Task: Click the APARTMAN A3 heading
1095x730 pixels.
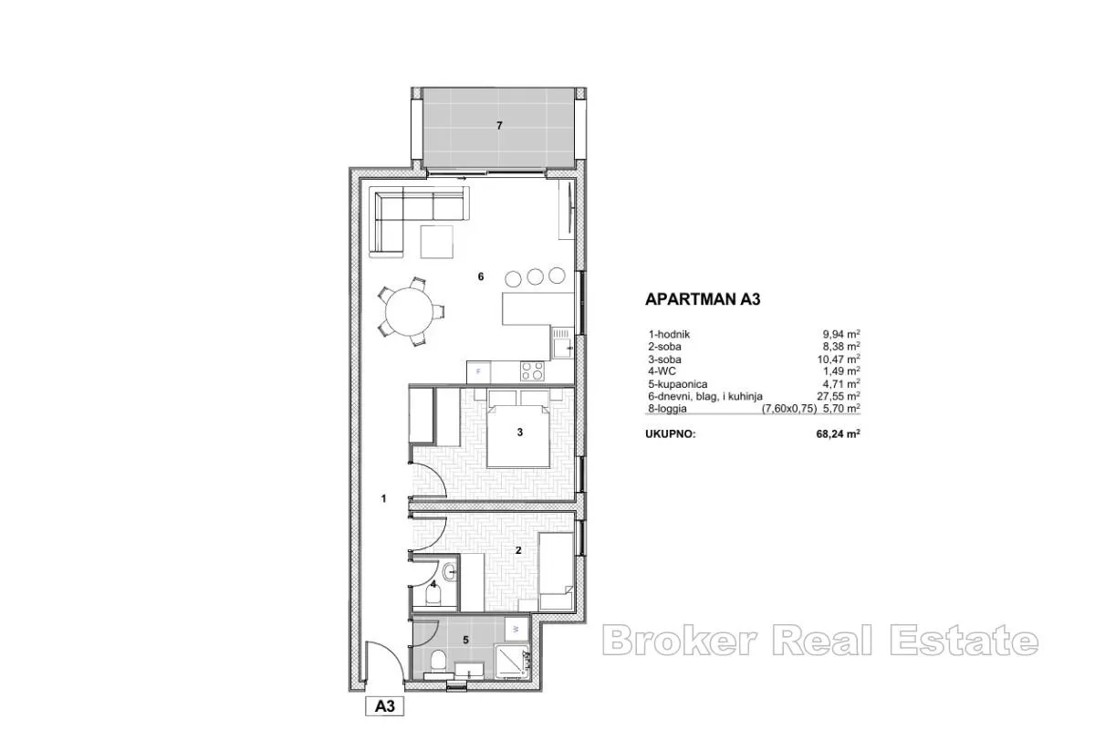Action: (703, 298)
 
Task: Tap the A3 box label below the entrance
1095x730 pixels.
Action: (385, 706)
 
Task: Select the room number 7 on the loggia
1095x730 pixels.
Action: (499, 126)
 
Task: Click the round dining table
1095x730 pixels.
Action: (409, 311)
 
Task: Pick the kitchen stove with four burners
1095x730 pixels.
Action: (532, 370)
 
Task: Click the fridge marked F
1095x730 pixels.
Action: (478, 372)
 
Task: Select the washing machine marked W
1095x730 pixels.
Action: (516, 630)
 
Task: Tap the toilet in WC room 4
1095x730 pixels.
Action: (433, 596)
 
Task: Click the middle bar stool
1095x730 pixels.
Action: (535, 277)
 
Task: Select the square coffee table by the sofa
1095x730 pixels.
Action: (436, 242)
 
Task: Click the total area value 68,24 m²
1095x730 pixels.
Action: (838, 433)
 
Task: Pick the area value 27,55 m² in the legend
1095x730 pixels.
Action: (839, 395)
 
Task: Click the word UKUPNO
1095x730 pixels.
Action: (670, 433)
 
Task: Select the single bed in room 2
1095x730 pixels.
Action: (556, 571)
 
